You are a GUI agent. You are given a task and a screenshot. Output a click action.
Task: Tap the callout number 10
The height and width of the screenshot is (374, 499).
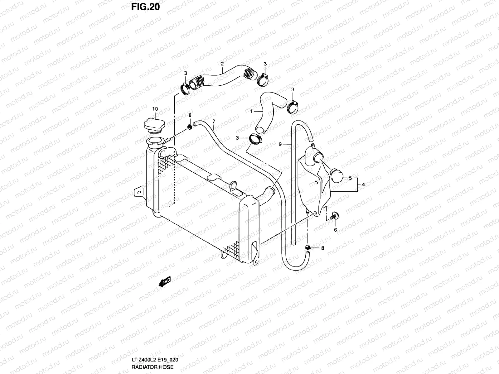155,109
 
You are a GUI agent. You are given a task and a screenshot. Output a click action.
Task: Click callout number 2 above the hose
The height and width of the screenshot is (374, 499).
222,64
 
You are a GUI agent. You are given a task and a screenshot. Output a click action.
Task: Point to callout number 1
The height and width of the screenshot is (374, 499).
251,111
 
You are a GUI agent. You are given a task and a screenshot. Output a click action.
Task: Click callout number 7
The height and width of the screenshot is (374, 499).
214,121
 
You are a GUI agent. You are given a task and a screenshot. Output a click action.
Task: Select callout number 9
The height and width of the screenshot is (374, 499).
280,144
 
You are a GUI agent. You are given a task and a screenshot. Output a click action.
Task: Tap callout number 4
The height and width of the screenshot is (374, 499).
363,185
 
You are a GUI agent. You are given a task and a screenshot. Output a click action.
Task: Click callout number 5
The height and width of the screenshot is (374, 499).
350,178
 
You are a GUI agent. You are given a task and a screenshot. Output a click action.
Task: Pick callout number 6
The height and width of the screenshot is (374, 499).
335,230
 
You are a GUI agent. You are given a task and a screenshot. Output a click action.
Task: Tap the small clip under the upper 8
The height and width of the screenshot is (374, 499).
189,127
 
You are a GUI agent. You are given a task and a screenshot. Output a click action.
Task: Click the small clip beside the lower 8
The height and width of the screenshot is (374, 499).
308,248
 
